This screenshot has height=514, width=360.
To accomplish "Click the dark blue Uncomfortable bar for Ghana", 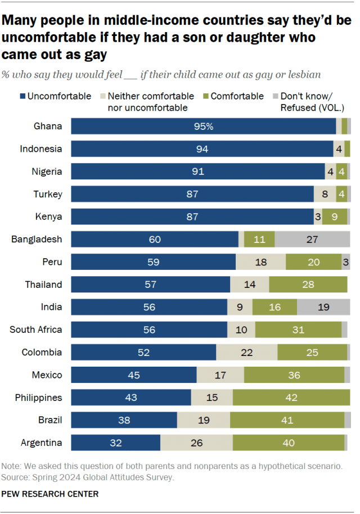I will [203, 127].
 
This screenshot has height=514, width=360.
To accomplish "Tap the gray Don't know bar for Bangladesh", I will [312, 239].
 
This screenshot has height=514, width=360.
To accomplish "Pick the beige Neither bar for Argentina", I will [196, 443].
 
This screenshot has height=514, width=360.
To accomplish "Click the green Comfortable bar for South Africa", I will [298, 330].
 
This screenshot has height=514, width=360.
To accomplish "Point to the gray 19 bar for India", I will [323, 307].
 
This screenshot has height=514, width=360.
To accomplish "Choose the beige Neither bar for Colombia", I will [246, 352].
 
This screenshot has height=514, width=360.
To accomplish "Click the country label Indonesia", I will [40, 149].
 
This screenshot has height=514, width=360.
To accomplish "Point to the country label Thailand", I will [43, 285].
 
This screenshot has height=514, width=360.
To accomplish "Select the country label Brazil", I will [49, 420].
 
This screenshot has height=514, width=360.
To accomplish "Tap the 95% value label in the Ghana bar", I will [203, 127].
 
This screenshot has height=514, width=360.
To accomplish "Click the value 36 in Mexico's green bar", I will [294, 375].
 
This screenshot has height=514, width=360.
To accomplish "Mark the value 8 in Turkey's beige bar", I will [325, 194].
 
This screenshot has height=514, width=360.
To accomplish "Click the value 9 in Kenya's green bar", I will [335, 217].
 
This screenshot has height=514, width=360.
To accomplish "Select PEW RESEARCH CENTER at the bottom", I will [51, 494].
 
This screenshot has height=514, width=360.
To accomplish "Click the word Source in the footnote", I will [15, 477].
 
